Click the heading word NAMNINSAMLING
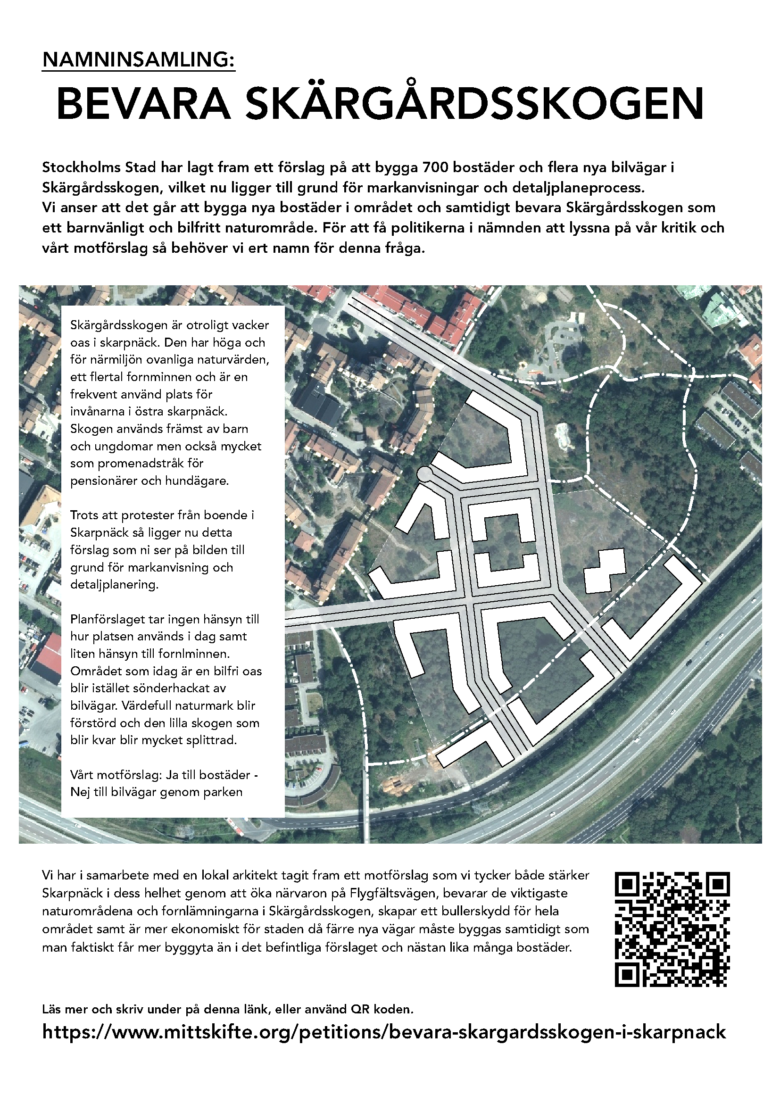click(x=138, y=59)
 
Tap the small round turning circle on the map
click(x=424, y=473)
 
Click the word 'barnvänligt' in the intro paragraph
click(x=104, y=228)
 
